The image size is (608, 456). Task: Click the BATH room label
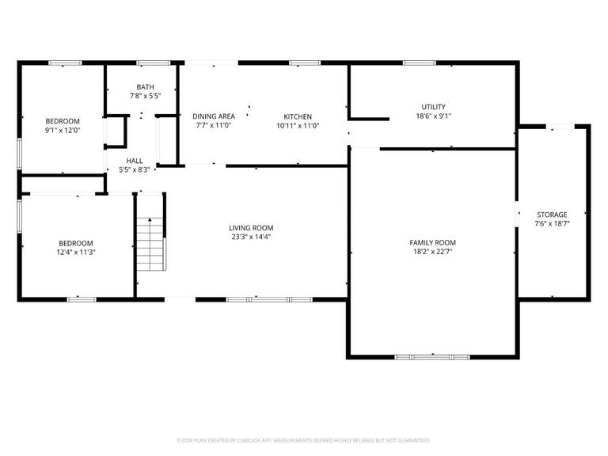[x=146, y=87]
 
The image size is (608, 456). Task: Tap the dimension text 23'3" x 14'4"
[x=251, y=237]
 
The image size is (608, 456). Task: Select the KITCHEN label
[x=298, y=116]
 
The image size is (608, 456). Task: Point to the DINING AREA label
[x=214, y=116]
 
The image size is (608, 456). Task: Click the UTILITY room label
[x=434, y=107]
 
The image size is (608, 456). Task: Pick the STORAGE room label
[x=552, y=215]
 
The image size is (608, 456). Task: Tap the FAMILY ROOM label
[x=433, y=243]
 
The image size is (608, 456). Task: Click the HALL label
[x=135, y=161]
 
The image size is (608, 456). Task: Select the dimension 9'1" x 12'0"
[x=63, y=131]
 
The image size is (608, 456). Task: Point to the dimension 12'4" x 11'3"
[x=76, y=253]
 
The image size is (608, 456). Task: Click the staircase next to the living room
[x=151, y=244]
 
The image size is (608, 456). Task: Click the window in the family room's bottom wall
[x=432, y=357]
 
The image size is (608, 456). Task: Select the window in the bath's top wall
[x=154, y=63]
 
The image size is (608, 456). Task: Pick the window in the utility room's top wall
[x=420, y=63]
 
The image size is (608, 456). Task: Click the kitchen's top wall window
[x=305, y=63]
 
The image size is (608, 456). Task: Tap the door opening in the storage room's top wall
[x=560, y=127]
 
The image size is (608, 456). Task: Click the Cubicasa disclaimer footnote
[x=304, y=440]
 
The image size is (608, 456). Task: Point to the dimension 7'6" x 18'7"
[x=552, y=224]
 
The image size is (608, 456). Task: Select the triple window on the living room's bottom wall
[x=269, y=299]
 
